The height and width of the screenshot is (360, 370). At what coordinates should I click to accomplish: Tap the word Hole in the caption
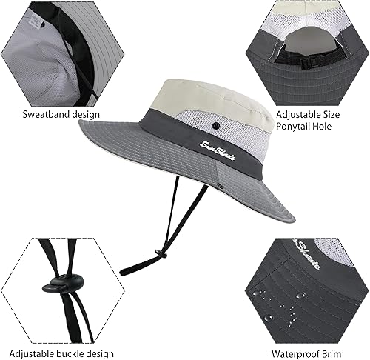coord(331,127)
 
